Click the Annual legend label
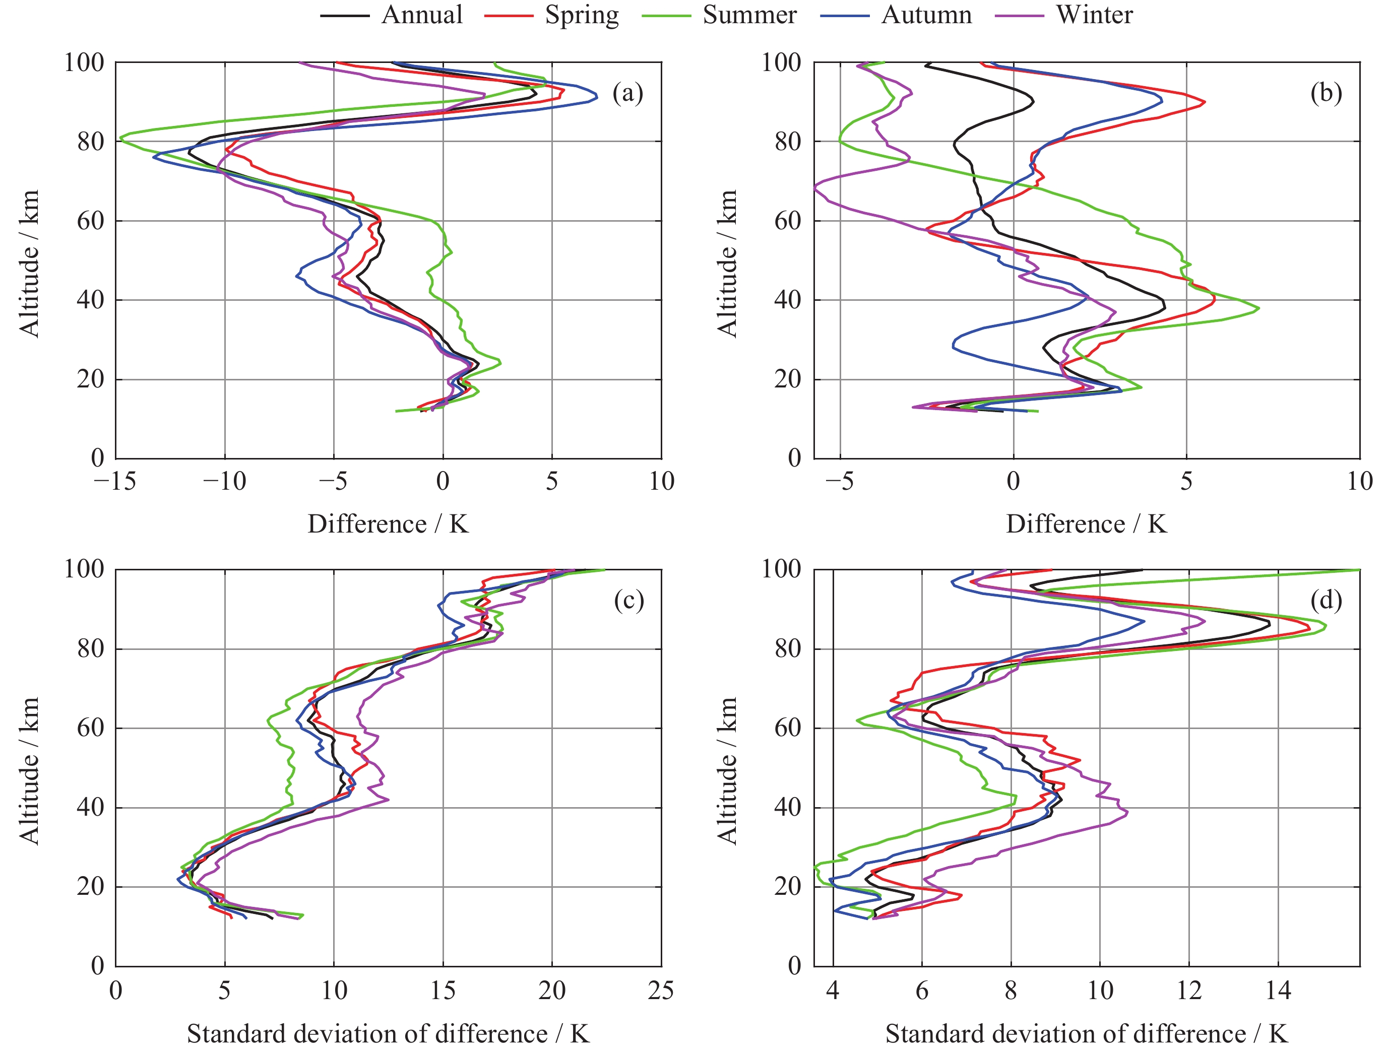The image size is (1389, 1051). (x=421, y=15)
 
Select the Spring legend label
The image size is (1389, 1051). (x=582, y=15)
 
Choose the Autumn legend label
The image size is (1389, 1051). (x=926, y=15)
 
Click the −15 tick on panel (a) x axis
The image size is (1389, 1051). (x=115, y=482)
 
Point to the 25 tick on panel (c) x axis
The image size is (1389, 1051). (x=661, y=990)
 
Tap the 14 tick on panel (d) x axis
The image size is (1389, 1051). (x=1278, y=990)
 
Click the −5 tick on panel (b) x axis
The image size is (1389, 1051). (x=839, y=482)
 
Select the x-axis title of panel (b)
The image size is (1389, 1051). (x=1086, y=523)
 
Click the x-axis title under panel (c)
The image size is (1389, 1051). (x=388, y=1033)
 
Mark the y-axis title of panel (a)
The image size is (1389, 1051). (x=29, y=264)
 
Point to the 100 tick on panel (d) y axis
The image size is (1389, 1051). (x=782, y=569)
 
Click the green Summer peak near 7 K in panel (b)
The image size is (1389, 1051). (x=1258, y=308)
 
